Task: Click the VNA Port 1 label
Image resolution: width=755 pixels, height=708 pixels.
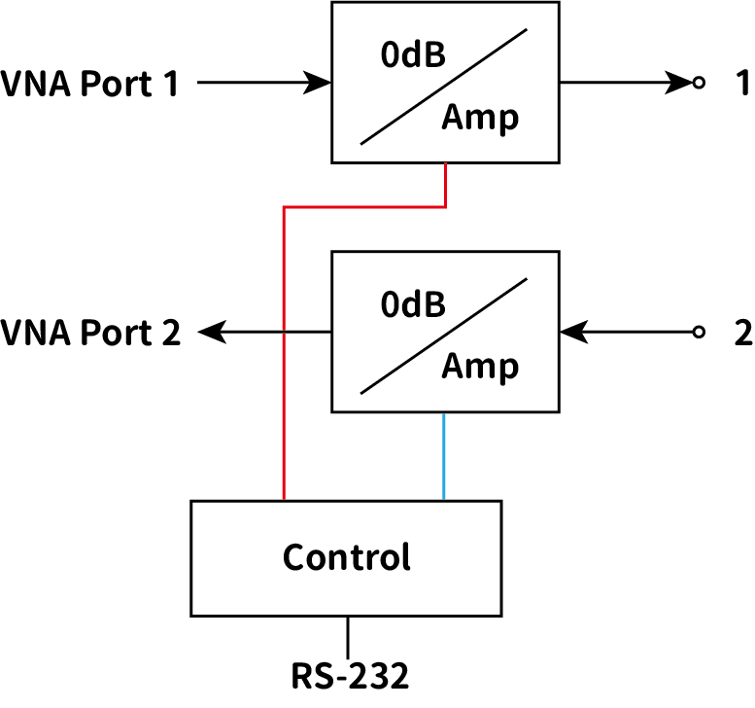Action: coord(90,85)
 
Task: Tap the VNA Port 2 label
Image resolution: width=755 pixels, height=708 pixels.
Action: coord(90,334)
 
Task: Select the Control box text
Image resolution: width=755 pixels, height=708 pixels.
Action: coord(347,558)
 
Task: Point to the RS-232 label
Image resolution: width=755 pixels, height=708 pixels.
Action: coord(350,674)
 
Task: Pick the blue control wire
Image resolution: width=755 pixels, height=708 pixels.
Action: coord(444,456)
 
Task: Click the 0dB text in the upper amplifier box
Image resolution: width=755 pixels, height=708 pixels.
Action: coord(414,55)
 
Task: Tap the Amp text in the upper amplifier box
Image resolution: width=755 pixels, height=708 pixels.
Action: coord(480,118)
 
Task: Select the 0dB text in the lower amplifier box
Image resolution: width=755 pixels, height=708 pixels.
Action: coord(414,305)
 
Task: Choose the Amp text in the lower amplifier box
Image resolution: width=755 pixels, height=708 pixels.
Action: coord(480,368)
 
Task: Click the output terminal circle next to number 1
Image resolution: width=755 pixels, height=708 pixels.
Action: coord(698,84)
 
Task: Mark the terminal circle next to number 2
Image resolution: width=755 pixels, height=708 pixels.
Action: coord(698,333)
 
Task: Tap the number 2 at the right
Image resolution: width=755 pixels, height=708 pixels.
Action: coord(742,334)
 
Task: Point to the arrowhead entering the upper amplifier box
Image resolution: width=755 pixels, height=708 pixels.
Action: coord(318,84)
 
